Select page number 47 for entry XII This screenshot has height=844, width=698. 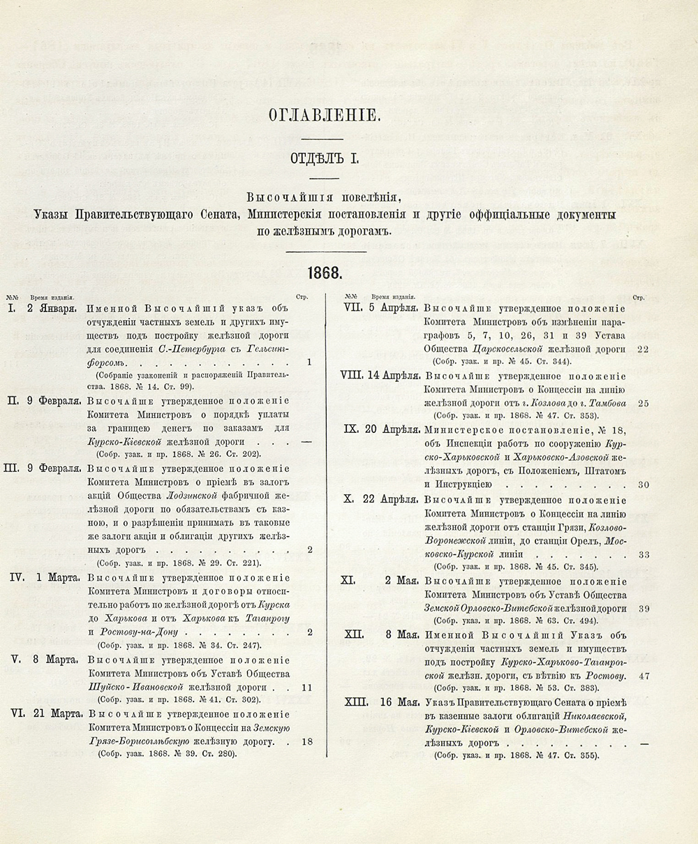point(644,676)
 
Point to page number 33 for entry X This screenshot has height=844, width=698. point(644,554)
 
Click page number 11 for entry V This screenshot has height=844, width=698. point(307,687)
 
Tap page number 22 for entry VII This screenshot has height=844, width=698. point(644,348)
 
